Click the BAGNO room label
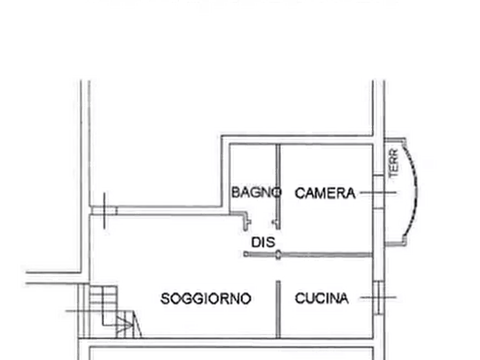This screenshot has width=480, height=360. click(x=256, y=192)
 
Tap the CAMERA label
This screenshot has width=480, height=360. click(x=325, y=193)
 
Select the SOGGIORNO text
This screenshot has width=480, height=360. click(x=206, y=298)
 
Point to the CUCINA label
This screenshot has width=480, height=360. click(x=321, y=298)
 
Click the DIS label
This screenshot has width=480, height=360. click(x=263, y=242)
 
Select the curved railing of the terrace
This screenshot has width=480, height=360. click(x=413, y=190)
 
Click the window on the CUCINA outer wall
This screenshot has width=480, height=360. click(x=379, y=297)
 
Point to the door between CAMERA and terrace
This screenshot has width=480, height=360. click(x=378, y=192)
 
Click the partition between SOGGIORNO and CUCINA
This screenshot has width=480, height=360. click(x=278, y=309)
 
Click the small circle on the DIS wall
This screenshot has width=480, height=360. click(x=278, y=254)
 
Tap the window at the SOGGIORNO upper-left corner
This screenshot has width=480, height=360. click(x=104, y=211)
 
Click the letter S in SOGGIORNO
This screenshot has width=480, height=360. click(x=164, y=298)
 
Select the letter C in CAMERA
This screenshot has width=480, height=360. click(x=300, y=193)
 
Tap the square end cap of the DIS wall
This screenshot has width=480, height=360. click(x=246, y=254)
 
